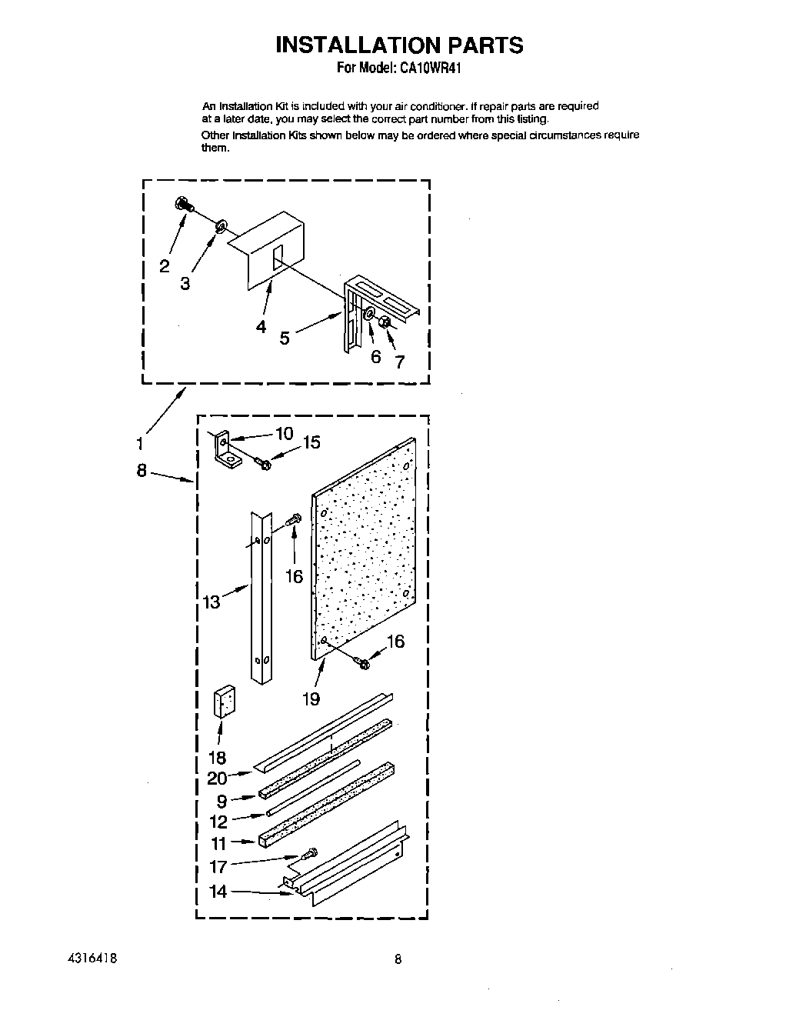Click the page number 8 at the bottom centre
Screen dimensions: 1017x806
pos(398,959)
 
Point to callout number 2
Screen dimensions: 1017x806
pos(165,266)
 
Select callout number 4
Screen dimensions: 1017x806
pos(261,327)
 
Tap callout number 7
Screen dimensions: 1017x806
pos(400,362)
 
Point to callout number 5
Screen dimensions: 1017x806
pos(285,337)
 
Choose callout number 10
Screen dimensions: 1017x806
pos(284,433)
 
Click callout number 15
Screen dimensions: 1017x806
pos(311,442)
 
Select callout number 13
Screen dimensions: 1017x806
pos(211,602)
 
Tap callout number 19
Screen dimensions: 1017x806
pos(311,699)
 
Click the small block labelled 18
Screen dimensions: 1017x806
pos(224,702)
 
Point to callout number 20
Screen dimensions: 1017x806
pos(217,778)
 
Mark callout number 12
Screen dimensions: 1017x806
pos(218,822)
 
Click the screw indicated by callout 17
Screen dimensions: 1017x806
pos(311,852)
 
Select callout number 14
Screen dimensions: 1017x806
pos(218,892)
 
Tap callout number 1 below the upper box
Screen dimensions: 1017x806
pos(139,443)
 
